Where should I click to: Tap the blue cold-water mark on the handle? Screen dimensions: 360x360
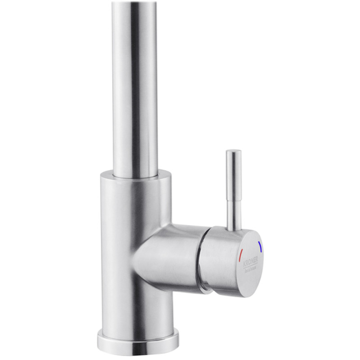point(261,246)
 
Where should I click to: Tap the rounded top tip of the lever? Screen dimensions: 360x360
point(233,152)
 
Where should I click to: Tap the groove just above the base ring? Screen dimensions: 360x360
point(138,328)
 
